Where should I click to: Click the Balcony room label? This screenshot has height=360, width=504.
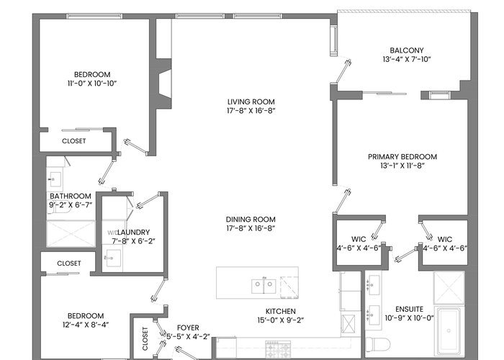pos(407,50)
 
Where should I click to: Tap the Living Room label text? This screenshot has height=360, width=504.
pos(251,102)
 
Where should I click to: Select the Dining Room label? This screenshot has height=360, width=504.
pos(251,220)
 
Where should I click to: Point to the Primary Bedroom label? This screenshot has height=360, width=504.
pos(402,157)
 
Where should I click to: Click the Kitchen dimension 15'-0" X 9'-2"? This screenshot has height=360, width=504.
pos(281,320)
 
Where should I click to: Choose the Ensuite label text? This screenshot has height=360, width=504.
pos(409,309)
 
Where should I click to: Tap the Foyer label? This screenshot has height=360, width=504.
pos(188,328)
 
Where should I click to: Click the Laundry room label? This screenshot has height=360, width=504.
pos(133,233)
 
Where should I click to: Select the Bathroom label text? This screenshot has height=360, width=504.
pos(71,196)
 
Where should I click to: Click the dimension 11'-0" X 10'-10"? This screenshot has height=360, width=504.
pos(92,84)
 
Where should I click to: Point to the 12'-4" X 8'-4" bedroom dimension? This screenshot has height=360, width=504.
pos(86,325)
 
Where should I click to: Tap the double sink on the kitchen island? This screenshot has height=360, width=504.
pos(264,285)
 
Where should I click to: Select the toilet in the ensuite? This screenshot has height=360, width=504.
pos(378,344)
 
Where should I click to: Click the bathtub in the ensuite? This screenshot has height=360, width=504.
pos(449,331)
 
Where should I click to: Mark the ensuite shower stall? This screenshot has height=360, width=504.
pos(449,288)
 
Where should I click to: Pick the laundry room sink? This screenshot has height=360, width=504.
pos(112,258)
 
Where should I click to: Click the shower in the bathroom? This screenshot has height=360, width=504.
pos(71,234)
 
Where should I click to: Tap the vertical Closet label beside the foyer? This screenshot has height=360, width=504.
pos(145,339)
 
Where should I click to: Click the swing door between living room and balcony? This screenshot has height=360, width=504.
pos(343,71)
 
